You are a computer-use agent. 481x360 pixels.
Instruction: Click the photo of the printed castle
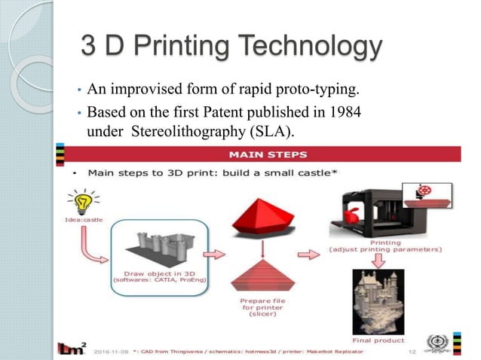pos(379,301)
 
